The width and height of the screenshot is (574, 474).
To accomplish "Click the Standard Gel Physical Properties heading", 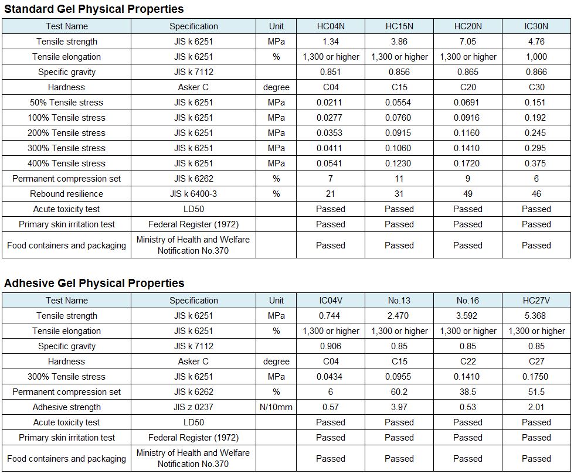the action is tap(94, 9).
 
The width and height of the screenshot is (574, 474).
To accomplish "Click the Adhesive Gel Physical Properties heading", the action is tap(94, 283).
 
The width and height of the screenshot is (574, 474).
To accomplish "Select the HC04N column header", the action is tap(331, 26).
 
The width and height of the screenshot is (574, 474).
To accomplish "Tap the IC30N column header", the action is tap(536, 26).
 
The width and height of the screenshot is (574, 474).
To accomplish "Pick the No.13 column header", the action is tap(399, 301).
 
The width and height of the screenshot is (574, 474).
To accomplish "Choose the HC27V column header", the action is tap(536, 301).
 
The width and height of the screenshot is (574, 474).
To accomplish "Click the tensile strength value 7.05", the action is tap(468, 42).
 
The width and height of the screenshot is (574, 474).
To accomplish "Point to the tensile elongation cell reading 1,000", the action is tap(536, 57).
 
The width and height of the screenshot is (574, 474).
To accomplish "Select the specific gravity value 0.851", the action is tap(330, 72).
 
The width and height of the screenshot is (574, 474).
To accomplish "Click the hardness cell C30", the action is tap(536, 87).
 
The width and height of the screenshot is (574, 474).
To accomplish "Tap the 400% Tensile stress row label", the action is tap(66, 163).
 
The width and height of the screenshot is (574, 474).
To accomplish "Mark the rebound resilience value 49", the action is tap(468, 194).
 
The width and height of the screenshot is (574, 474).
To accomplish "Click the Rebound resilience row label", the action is tap(67, 194).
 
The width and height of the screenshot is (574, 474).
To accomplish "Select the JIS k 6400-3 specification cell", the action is tap(193, 194).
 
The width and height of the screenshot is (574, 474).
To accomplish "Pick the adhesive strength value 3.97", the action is tap(399, 407).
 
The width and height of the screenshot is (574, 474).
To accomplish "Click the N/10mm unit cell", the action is tap(276, 407).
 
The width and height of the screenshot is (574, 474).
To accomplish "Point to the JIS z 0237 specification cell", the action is tap(193, 407).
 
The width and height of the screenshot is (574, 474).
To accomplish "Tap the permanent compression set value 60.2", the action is tap(399, 392).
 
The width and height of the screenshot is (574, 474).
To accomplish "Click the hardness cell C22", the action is tap(468, 362).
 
